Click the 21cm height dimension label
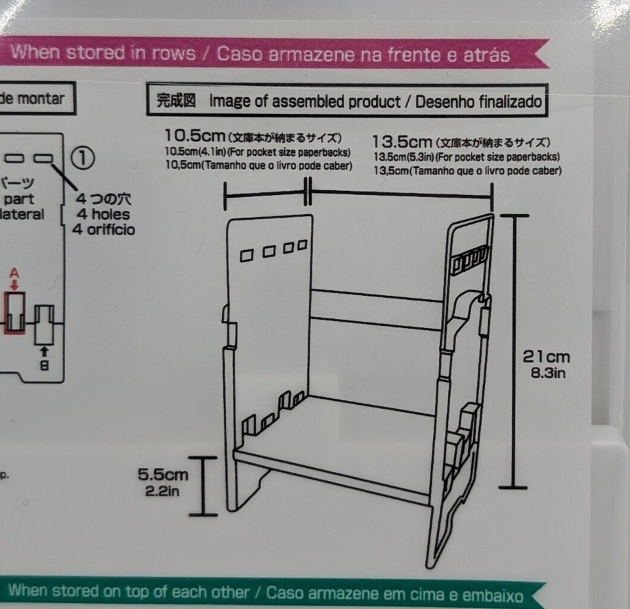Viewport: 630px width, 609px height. coord(546,357)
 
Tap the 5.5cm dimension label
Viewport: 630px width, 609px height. coord(163,474)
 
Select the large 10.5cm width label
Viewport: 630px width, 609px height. coord(195,136)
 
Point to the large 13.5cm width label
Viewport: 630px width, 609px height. coord(402,142)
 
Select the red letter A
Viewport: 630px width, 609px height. coord(14,273)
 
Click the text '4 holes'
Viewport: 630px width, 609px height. coord(104,214)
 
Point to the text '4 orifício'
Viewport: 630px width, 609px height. coord(104,230)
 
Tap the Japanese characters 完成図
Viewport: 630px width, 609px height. coord(177,101)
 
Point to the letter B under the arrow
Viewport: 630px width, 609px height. coord(44,366)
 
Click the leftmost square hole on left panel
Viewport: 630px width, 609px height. coord(247,255)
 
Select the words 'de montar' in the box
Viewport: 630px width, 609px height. coord(31,98)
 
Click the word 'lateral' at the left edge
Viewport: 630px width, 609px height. coord(22,214)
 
